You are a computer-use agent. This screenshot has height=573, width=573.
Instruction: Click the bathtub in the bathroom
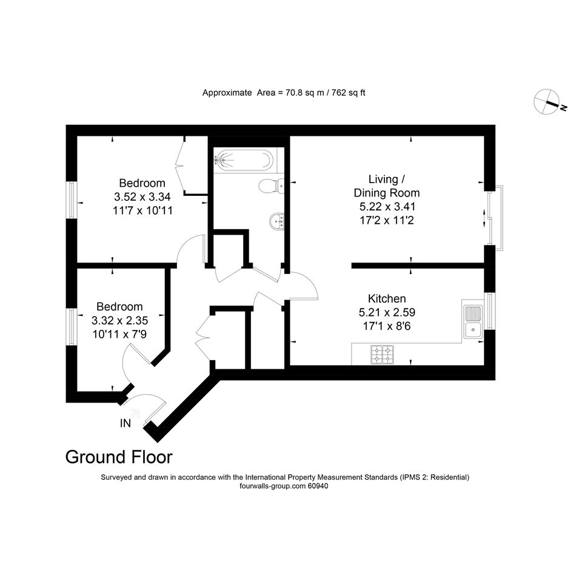[244, 160]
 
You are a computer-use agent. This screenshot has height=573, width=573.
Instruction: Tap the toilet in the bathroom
[272, 186]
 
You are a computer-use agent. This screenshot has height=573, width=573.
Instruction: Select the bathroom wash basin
[277, 221]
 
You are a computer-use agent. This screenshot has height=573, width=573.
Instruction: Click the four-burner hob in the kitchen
[382, 355]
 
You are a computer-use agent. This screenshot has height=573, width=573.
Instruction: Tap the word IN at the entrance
[126, 423]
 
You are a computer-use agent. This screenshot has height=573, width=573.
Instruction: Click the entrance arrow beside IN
[135, 414]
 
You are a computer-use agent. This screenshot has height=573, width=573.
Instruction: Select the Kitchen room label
[387, 298]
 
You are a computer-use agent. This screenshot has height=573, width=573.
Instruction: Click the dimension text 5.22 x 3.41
[387, 207]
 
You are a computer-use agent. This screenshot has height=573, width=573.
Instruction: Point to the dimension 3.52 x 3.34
[142, 197]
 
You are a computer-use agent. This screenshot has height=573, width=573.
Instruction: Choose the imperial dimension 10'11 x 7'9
[119, 334]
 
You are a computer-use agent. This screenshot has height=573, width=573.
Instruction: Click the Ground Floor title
[119, 457]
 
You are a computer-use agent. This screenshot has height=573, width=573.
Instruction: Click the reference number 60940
[318, 486]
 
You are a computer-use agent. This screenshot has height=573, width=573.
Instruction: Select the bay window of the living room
[496, 218]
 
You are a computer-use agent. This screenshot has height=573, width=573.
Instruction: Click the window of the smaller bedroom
[72, 327]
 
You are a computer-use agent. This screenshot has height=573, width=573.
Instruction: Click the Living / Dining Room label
[387, 186]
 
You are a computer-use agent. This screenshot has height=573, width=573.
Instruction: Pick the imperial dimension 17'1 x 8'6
[387, 326]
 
